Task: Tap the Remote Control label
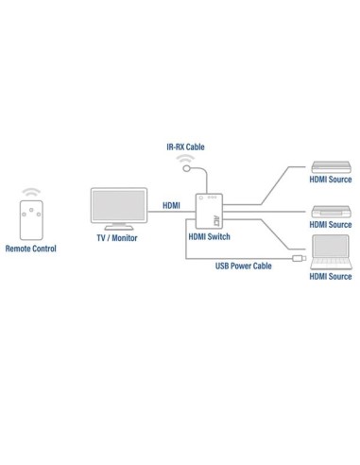31,249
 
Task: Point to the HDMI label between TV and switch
172,205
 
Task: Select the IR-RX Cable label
184,147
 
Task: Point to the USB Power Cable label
243,267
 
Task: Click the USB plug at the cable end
297,258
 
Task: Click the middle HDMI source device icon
330,211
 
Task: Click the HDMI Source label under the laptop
330,276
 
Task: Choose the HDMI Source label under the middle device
330,225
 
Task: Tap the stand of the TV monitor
118,228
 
